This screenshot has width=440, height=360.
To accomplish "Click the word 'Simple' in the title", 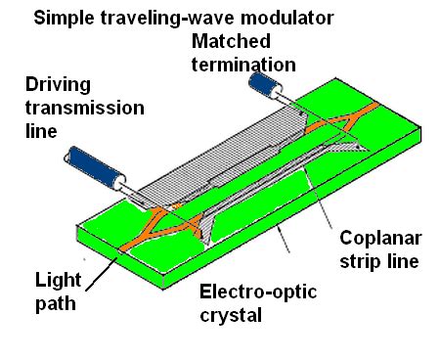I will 62,19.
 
